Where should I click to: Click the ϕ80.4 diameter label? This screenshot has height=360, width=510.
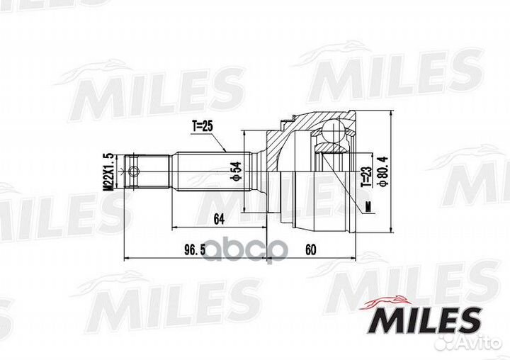(x=382, y=171)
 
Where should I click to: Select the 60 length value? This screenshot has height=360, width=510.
(x=312, y=250)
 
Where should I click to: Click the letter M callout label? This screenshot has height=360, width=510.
(x=368, y=206)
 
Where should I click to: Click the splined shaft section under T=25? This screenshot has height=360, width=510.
(x=205, y=171)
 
